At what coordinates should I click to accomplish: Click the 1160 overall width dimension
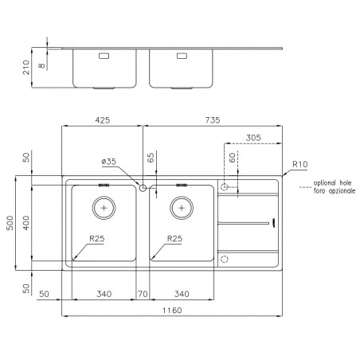tap(172, 311)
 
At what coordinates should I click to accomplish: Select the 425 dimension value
tap(103, 120)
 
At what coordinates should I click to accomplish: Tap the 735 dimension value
tap(213, 120)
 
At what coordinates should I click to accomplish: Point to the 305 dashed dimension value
tap(253, 138)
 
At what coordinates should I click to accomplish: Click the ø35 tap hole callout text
tap(109, 162)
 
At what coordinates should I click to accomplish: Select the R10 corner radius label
tap(300, 164)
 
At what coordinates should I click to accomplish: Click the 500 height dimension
tap(10, 223)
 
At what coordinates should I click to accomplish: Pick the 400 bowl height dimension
tap(26, 223)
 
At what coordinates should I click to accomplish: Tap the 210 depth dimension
tap(26, 68)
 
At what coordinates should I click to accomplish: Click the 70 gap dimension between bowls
tap(143, 294)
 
